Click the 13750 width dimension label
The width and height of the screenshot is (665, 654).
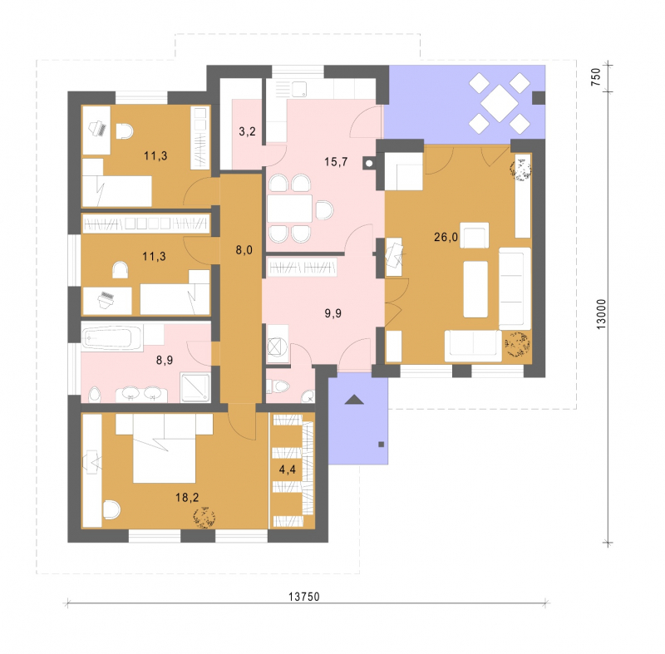303,597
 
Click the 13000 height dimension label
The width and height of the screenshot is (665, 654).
601,314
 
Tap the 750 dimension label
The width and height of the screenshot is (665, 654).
596,77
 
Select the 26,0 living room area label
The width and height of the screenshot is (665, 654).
446,237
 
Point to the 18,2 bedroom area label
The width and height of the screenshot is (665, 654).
187,497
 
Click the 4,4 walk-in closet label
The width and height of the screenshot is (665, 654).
287,470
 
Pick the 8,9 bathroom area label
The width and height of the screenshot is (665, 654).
164,360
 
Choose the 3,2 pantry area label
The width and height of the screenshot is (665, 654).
247,131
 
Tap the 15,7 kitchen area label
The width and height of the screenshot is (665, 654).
336,161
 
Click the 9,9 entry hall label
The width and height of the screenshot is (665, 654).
333,313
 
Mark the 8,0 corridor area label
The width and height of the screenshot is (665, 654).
244,250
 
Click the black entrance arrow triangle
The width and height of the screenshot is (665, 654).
354,399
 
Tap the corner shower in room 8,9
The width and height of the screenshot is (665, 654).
195,387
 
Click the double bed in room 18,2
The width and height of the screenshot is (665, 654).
165,448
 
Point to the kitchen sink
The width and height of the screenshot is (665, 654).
299,90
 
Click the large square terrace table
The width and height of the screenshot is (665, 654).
500,103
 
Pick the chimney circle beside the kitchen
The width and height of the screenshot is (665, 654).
369,163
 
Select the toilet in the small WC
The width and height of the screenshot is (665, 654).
279,386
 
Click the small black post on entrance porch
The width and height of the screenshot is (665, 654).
382,445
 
